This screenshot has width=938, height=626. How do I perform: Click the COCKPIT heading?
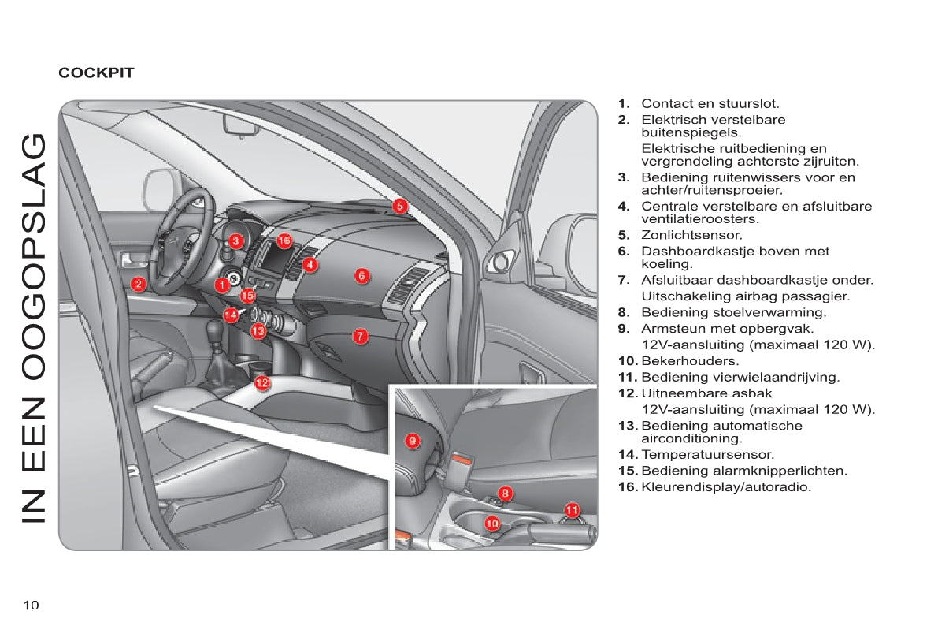pyautogui.click(x=96, y=73)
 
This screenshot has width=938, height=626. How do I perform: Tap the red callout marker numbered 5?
pyautogui.click(x=400, y=206)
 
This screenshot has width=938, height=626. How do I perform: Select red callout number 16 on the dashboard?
pyautogui.click(x=284, y=240)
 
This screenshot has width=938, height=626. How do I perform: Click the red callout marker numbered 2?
pyautogui.click(x=138, y=284)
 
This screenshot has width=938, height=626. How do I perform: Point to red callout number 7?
pyautogui.click(x=359, y=336)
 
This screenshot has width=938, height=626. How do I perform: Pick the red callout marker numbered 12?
pyautogui.click(x=262, y=383)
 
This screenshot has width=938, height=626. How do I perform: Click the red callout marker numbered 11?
pyautogui.click(x=573, y=509)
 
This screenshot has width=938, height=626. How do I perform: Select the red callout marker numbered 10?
pyautogui.click(x=492, y=522)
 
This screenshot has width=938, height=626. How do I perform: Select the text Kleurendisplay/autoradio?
pyautogui.click(x=726, y=487)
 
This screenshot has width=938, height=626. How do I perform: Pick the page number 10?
pyautogui.click(x=31, y=605)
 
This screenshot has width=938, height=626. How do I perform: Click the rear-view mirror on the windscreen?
pyautogui.click(x=236, y=125)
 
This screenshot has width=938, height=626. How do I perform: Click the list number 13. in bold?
pyautogui.click(x=628, y=426)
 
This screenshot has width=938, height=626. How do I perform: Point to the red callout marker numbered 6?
pyautogui.click(x=361, y=275)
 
